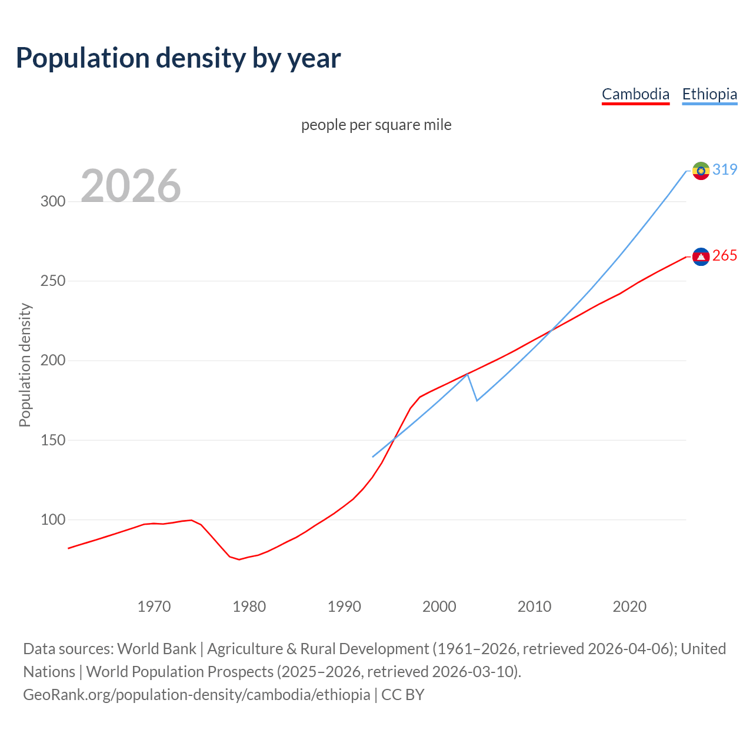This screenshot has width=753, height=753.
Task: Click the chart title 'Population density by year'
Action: tap(178, 58)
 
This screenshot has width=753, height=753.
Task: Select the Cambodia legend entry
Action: tap(635, 94)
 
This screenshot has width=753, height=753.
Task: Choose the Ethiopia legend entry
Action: tap(709, 94)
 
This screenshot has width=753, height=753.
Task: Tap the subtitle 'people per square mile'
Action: tap(376, 125)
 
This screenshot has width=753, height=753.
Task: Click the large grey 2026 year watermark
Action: tap(131, 186)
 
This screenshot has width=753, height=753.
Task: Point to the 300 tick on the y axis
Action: tap(53, 201)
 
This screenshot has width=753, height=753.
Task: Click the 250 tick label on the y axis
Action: tap(53, 281)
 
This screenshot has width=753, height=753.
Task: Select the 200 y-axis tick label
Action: tap(53, 361)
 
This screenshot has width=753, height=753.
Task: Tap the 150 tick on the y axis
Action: tap(53, 440)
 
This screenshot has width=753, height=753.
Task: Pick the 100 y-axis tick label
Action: tap(53, 520)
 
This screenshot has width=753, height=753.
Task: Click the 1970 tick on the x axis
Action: tap(154, 607)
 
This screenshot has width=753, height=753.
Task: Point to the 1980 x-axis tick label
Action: tap(249, 607)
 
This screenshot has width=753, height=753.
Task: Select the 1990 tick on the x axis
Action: tap(344, 607)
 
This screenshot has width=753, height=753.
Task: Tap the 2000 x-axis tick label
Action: tap(439, 607)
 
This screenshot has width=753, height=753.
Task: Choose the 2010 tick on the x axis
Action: tap(534, 607)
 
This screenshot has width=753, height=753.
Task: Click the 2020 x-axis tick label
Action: tap(629, 607)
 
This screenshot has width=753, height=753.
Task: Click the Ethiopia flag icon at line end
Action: tap(701, 171)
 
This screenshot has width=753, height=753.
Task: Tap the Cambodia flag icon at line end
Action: tap(701, 256)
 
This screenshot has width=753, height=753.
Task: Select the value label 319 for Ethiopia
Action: tap(725, 170)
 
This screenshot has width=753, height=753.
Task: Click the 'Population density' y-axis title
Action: tap(25, 365)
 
